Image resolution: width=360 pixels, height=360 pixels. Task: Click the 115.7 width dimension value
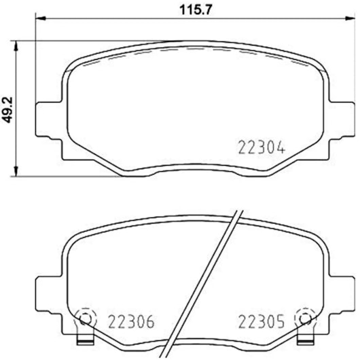[195, 10]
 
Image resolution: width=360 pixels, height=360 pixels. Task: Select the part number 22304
[262, 147]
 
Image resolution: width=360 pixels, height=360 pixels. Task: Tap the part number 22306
[131, 322]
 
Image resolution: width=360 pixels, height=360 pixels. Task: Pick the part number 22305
[262, 321]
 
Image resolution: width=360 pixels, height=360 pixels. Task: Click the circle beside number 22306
[85, 319]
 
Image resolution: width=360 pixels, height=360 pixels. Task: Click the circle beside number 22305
[305, 319]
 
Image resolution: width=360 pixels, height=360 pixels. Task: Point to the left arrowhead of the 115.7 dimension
[41, 18]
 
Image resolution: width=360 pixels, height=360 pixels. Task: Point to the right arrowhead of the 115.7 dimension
[350, 18]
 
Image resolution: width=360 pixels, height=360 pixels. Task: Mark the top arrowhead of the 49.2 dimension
[16, 46]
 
